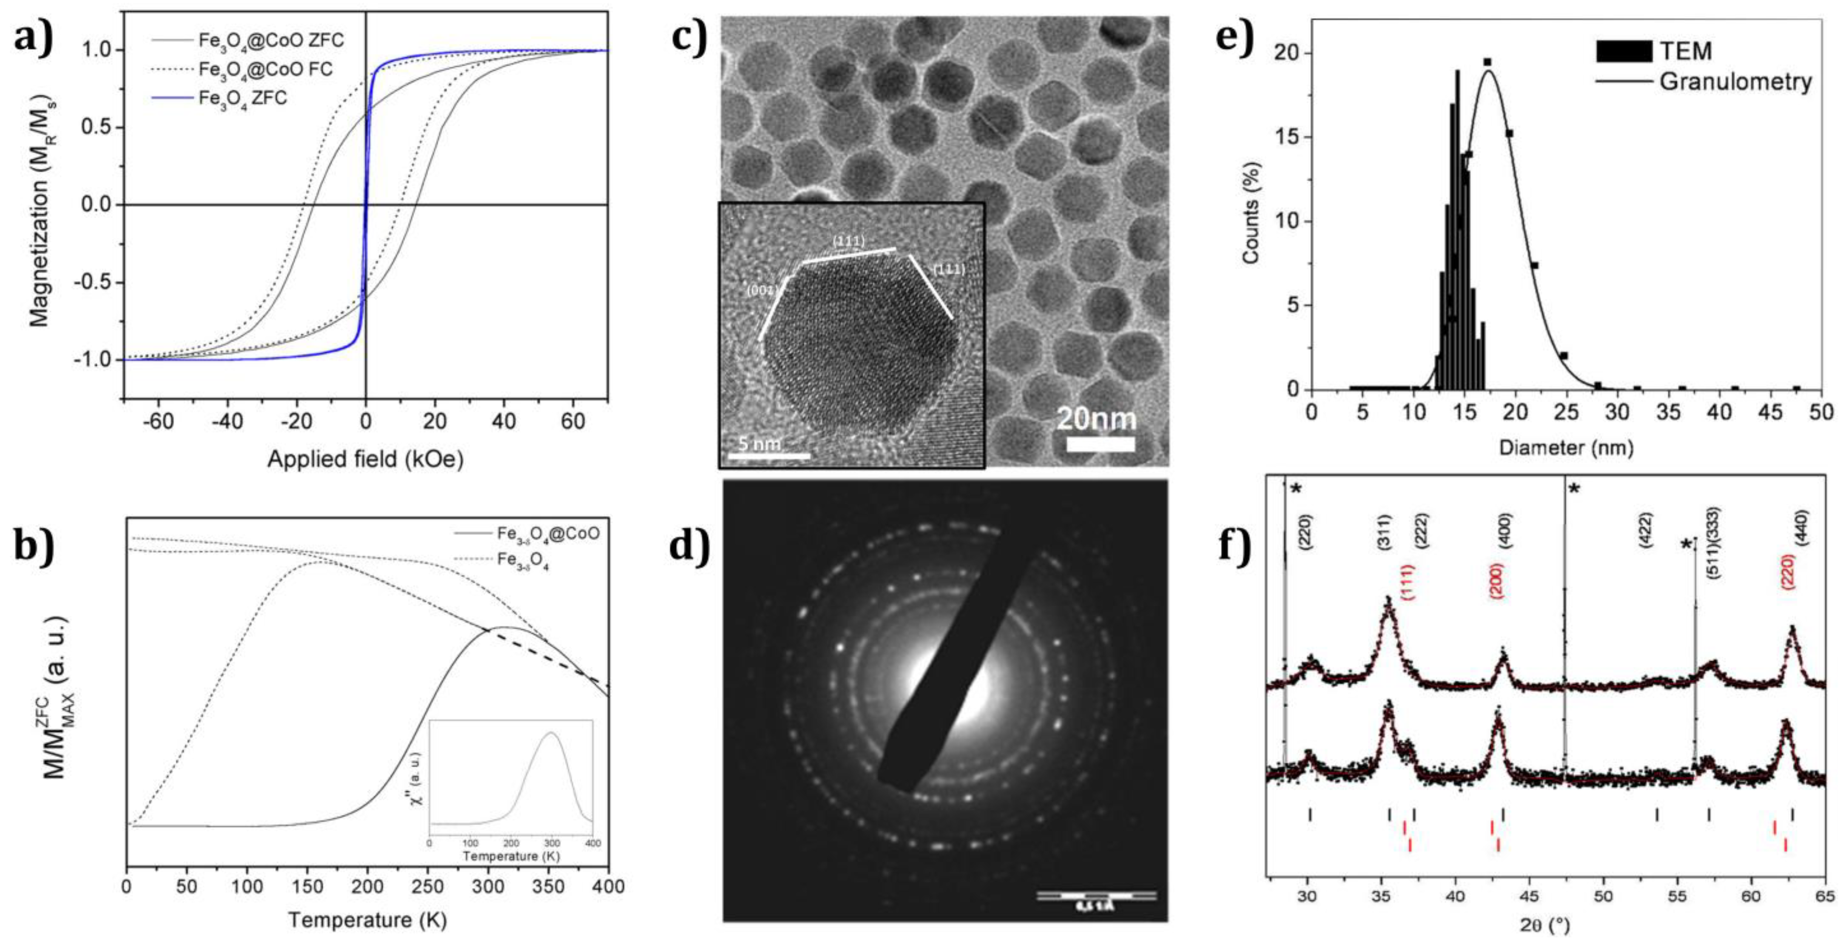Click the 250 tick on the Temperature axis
coord(428,887)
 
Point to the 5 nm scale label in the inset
coord(760,444)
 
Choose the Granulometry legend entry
coord(1735,82)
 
